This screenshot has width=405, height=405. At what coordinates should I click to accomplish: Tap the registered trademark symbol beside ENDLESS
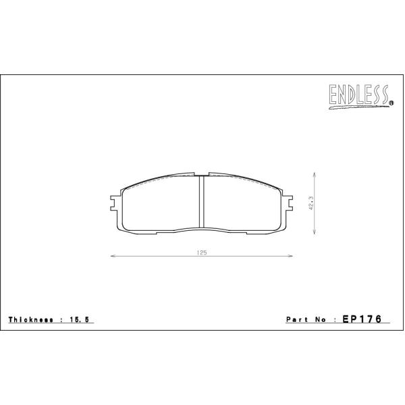pyautogui.click(x=391, y=103)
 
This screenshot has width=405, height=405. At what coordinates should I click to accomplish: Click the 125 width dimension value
pyautogui.click(x=202, y=252)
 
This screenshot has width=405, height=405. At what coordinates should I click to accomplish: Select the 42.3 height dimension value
pyautogui.click(x=310, y=203)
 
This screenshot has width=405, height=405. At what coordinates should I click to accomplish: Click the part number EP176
pyautogui.click(x=362, y=319)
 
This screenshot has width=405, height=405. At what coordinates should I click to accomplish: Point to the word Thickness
pyautogui.click(x=31, y=320)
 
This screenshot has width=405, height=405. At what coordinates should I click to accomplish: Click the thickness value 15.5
pyautogui.click(x=79, y=320)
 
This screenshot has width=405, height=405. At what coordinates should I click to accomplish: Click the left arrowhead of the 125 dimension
pyautogui.click(x=112, y=256)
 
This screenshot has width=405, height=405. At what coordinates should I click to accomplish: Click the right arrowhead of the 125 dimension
pyautogui.click(x=290, y=256)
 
